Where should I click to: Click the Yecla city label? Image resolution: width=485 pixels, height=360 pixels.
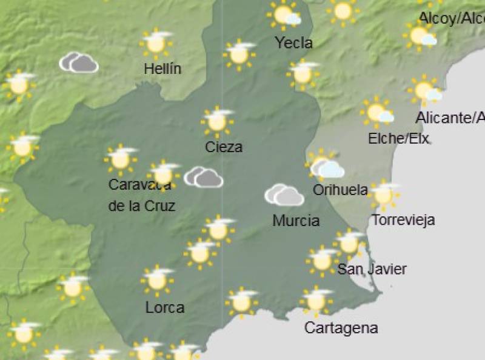point(294,43)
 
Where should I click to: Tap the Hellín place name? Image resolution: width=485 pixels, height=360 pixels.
point(162,69)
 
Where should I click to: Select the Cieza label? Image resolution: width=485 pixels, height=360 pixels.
point(224,147)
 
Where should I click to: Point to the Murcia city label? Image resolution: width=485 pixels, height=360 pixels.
point(296,221)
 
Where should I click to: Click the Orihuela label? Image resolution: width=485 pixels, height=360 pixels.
point(340,190)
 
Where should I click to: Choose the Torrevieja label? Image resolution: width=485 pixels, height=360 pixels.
point(403,219)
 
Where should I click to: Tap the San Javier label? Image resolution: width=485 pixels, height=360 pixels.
point(372,269)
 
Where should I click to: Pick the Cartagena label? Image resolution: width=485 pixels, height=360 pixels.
point(341,328)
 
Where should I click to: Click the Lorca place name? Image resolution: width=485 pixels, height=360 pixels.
point(165,308)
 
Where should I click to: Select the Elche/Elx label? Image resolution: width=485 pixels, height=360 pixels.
point(398,139)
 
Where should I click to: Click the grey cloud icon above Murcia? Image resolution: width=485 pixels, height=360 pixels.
point(284,195)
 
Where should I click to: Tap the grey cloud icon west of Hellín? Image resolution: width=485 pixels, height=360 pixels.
point(79,62)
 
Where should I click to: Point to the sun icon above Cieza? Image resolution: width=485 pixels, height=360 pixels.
point(217,121)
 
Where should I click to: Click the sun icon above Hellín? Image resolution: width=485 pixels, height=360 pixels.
point(156,42)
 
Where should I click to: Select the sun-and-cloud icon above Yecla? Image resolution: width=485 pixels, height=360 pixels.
point(285,15)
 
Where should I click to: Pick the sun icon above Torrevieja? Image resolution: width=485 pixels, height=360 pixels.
point(383,195)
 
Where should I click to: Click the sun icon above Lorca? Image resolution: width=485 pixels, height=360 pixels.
point(157,280)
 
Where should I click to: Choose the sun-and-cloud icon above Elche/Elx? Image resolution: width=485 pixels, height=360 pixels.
point(377,112)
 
